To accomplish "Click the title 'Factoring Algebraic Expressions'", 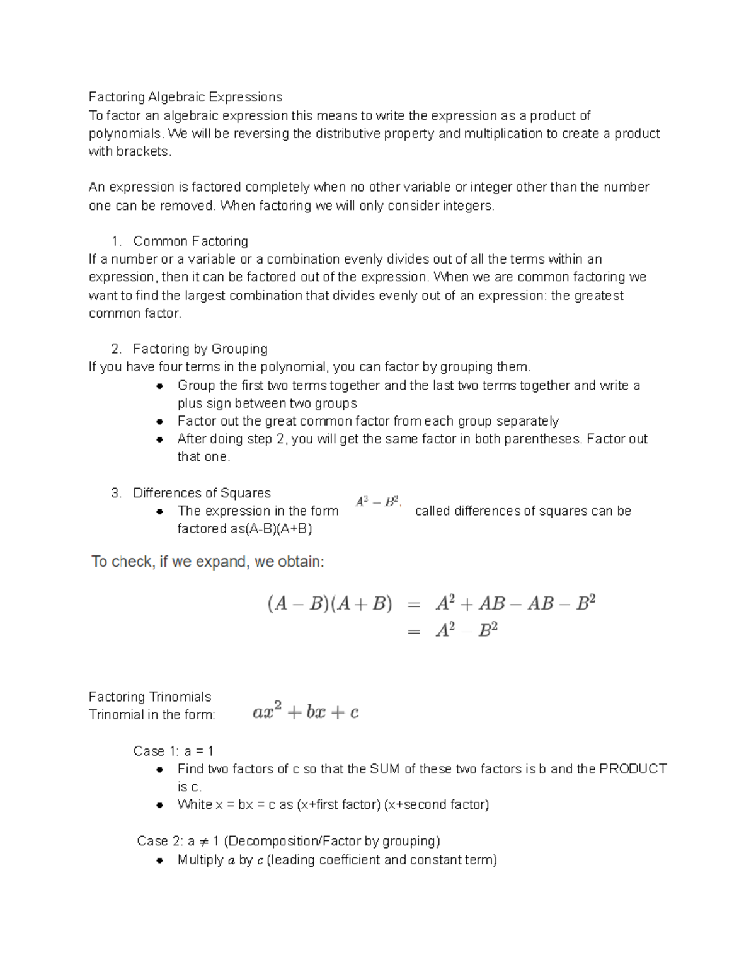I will (185, 97).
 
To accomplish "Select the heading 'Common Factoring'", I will (190, 241).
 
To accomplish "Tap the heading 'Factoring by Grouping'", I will (200, 349).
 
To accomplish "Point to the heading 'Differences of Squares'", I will (202, 493).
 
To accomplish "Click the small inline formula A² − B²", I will (377, 502).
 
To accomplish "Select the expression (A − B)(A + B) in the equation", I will (329, 604).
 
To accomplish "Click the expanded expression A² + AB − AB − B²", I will (515, 604).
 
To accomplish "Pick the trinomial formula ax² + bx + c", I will (306, 712).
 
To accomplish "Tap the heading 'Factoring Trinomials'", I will (150, 697).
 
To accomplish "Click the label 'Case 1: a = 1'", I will (173, 751).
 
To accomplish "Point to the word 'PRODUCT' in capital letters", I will (633, 769).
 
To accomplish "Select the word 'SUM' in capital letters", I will (384, 769).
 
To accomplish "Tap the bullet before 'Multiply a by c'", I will (160, 860).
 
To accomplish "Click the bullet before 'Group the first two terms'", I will (160, 386).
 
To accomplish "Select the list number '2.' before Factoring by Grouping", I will (116, 349).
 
